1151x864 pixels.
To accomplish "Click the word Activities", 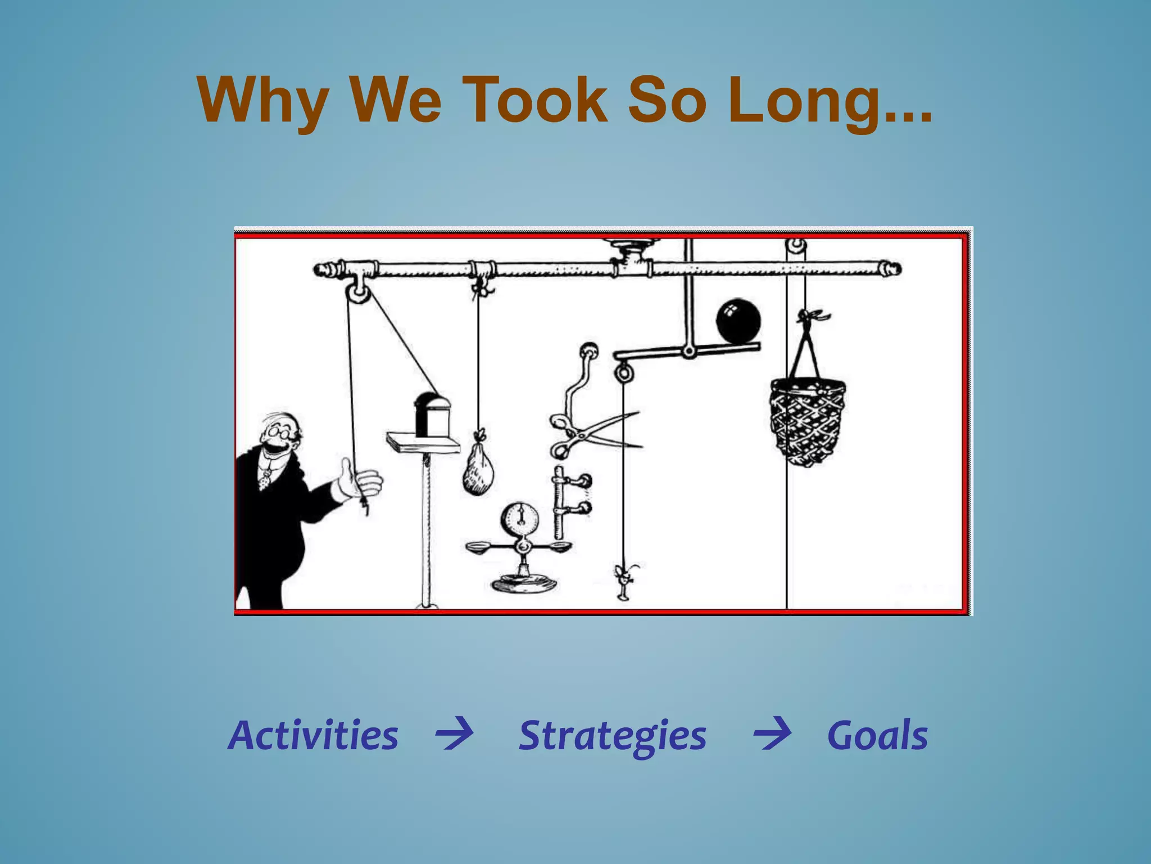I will pos(313,735).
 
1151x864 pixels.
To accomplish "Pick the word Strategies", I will pos(612,736).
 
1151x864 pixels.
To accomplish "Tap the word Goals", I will pos(877,735).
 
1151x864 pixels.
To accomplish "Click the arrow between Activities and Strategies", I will pos(454,733).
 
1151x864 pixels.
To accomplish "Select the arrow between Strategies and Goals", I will pos(772,733).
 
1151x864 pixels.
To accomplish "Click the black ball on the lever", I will pos(738,321).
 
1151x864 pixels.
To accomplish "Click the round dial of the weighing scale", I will pos(520,517).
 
